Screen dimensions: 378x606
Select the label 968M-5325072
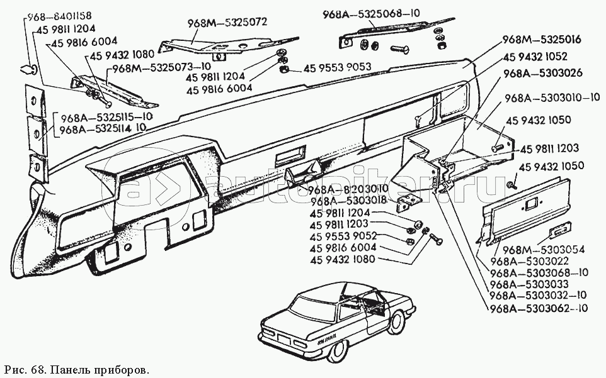point(227,22)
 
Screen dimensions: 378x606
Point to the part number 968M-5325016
point(541,40)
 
